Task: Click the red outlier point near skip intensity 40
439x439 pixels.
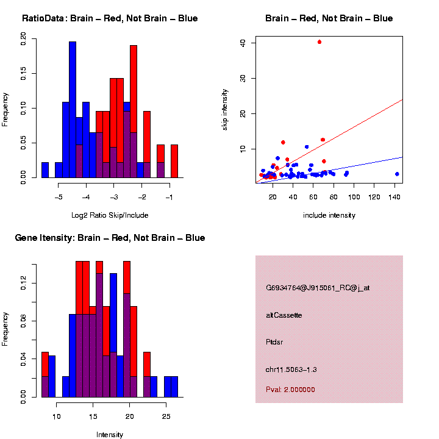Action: pos(319,42)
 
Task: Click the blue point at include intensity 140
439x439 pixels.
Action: pos(397,174)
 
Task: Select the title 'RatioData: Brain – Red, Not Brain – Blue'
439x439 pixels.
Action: pos(110,18)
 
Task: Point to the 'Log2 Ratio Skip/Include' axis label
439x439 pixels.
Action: pos(110,215)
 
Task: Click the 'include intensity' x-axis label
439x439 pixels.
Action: pos(329,215)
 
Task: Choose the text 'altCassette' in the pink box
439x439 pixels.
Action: pos(284,315)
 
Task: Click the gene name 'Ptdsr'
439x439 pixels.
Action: pos(274,342)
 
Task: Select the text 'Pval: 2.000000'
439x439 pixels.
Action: pos(290,390)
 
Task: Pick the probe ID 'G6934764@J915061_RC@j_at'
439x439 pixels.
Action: pos(318,288)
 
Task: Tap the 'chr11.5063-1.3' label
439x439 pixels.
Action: pos(291,369)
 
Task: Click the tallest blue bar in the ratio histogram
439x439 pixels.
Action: pos(73,110)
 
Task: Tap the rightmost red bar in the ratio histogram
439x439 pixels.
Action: pos(174,161)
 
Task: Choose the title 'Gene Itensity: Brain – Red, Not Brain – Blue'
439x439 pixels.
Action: pos(110,238)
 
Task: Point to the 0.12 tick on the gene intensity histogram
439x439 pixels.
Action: pos(24,281)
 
